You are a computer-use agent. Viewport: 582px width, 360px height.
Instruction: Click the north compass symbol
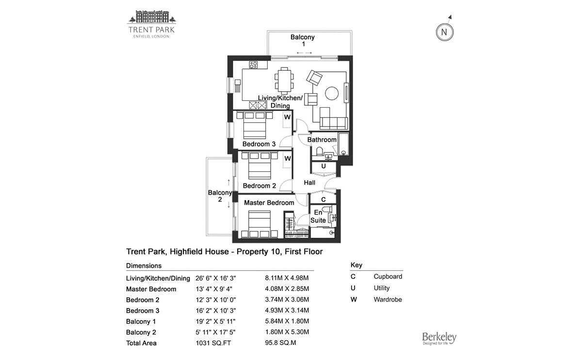[x=444, y=32]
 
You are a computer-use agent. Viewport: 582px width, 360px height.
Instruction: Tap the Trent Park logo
[x=151, y=24]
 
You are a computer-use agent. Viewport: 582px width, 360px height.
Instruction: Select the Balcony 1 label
[x=303, y=40]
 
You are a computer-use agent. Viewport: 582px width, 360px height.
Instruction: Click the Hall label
[x=309, y=183]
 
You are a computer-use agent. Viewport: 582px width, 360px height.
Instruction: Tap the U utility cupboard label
[x=323, y=166]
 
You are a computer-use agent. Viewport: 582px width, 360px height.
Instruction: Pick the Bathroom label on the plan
[x=322, y=140]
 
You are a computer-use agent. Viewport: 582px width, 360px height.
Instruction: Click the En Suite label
[x=318, y=216]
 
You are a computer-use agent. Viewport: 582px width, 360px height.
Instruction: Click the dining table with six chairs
[x=284, y=80]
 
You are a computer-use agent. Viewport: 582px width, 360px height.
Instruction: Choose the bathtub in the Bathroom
[x=344, y=144]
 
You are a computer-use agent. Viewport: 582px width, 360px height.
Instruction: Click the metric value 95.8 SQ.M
[x=280, y=343]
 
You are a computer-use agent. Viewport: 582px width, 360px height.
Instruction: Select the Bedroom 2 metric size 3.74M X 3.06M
[x=287, y=300]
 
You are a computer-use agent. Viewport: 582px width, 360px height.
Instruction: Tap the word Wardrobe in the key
[x=388, y=299]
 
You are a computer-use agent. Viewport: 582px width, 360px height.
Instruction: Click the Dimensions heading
[x=144, y=266]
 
